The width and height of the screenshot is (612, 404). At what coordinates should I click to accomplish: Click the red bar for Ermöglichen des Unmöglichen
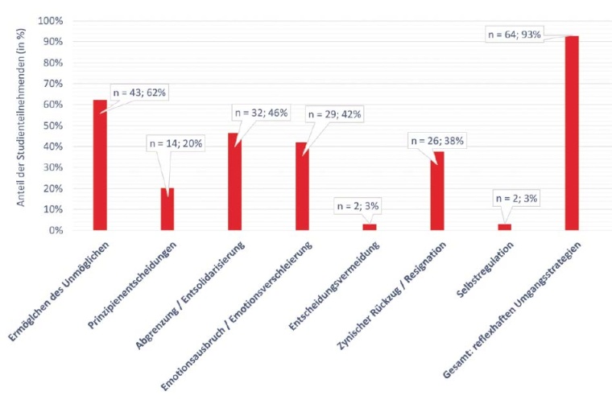click(x=100, y=165)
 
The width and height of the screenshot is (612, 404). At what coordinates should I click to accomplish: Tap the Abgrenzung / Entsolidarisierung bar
click(x=234, y=182)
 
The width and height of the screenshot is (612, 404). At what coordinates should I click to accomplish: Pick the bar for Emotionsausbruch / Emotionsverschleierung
click(x=302, y=186)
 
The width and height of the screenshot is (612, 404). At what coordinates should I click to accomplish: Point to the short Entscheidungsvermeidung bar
click(x=370, y=227)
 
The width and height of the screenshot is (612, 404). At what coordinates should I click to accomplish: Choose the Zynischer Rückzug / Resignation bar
click(x=437, y=191)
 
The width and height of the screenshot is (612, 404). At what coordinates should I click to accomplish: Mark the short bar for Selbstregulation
click(x=505, y=227)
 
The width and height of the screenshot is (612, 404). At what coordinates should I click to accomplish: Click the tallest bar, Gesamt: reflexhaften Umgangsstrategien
click(x=572, y=133)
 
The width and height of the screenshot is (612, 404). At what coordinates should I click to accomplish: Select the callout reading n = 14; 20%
click(x=176, y=144)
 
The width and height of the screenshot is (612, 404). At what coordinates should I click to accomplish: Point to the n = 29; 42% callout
click(x=335, y=115)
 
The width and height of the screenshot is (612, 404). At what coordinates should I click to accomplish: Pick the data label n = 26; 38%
click(x=438, y=140)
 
